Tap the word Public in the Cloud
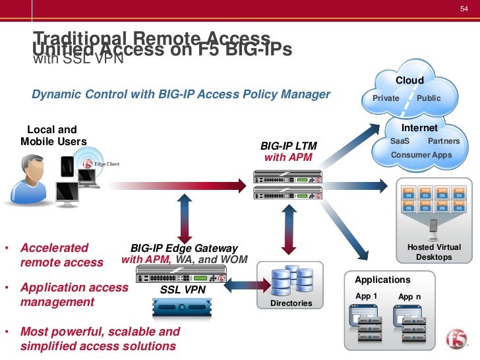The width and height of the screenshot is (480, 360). click(429, 98)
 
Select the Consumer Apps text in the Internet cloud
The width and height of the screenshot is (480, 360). click(421, 155)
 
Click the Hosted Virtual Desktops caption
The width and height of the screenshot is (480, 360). click(434, 252)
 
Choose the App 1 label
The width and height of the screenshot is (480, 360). click(366, 296)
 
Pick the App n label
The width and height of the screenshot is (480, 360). click(409, 297)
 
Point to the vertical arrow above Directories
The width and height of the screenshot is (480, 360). click(287, 230)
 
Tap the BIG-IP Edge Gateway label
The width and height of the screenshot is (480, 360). click(184, 249)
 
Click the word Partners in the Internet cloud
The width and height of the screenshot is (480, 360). click(444, 141)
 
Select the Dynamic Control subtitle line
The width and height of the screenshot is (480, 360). click(181, 94)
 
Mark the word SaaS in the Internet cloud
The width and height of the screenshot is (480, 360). click(400, 141)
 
